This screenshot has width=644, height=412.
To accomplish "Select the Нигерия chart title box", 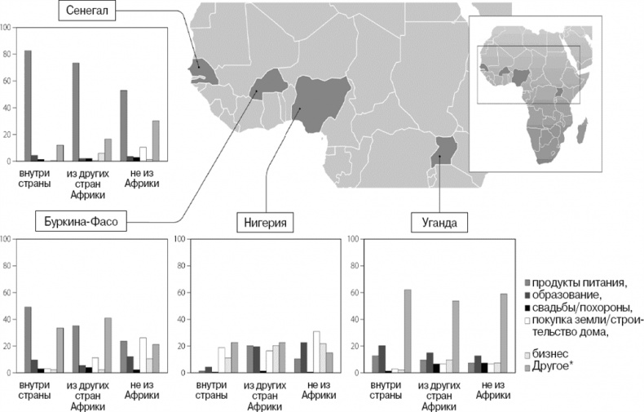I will tap(265, 221).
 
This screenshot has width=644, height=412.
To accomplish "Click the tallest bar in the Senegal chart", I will tap(29, 106).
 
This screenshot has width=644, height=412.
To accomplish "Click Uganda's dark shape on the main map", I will tap(444, 152).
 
